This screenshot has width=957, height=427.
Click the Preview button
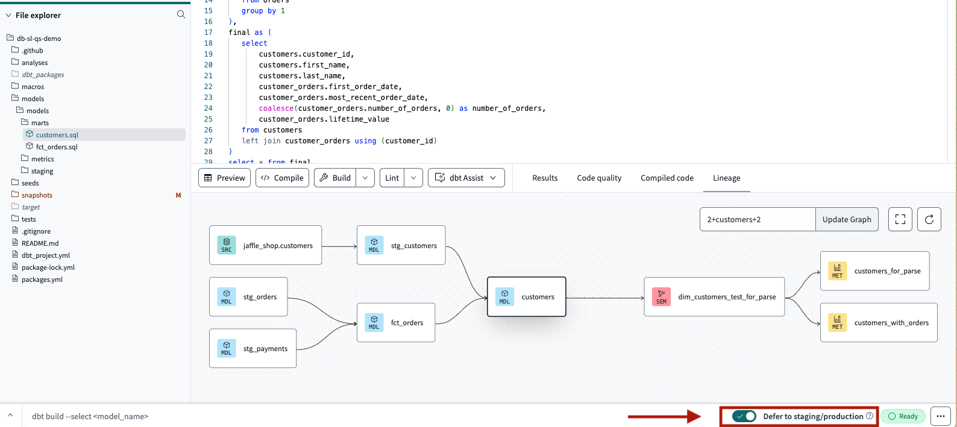(224, 178)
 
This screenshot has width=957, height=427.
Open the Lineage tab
(726, 178)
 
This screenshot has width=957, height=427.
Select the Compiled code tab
(667, 178)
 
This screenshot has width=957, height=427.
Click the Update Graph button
(846, 219)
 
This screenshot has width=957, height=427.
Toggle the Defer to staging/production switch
(744, 416)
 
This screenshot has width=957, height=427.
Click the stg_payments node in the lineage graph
(253, 348)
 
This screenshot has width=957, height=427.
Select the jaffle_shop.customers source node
(265, 245)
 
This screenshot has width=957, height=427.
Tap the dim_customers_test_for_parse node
(714, 297)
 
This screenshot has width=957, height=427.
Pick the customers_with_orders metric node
(878, 322)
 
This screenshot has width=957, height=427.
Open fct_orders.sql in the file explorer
(56, 147)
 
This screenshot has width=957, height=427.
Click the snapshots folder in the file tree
(37, 195)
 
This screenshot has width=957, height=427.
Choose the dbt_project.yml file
(45, 255)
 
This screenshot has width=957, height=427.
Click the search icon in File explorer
(181, 14)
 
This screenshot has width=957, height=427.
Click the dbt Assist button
(466, 178)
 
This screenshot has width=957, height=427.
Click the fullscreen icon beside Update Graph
(900, 219)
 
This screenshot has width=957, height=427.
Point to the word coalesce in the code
(276, 108)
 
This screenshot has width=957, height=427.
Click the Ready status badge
(903, 416)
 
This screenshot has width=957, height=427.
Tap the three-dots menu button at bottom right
(940, 416)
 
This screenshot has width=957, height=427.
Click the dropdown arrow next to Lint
(413, 178)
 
